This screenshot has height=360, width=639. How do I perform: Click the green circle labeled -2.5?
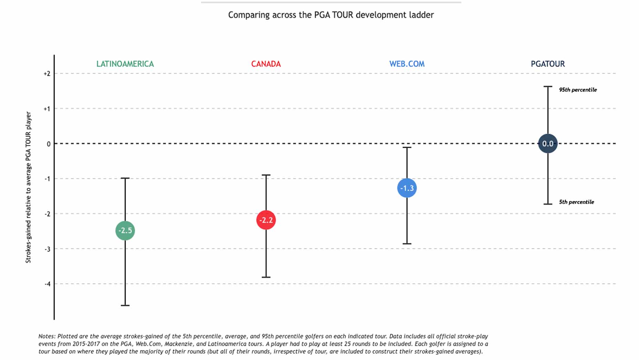(x=125, y=230)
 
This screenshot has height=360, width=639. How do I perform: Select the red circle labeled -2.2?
(x=266, y=220)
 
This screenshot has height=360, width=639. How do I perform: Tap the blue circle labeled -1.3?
(x=407, y=188)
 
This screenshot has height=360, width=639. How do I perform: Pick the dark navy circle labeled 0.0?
(x=547, y=144)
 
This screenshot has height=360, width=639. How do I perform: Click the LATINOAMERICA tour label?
(x=125, y=64)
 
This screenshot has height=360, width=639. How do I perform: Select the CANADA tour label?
(x=266, y=64)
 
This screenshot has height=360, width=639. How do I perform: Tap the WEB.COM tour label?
(x=407, y=64)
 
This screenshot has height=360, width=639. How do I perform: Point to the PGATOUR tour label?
(x=547, y=64)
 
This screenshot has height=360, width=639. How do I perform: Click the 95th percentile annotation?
(x=577, y=90)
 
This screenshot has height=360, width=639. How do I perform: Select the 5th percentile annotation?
(x=576, y=202)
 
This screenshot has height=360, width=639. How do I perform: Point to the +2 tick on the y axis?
(x=47, y=74)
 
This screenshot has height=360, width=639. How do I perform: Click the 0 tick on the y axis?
(x=49, y=144)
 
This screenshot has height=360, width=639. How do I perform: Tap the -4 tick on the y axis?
(x=48, y=284)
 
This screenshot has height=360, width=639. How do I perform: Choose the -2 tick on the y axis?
(x=48, y=214)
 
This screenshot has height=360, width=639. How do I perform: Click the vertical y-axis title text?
(x=28, y=187)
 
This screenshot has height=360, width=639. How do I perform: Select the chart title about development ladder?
(x=331, y=15)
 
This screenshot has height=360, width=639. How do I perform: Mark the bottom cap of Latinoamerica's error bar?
(x=125, y=305)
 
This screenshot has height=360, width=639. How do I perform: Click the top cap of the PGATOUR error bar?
(x=548, y=86)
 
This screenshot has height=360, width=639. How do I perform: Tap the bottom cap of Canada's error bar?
(x=266, y=277)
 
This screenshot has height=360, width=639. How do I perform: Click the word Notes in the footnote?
(x=46, y=336)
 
